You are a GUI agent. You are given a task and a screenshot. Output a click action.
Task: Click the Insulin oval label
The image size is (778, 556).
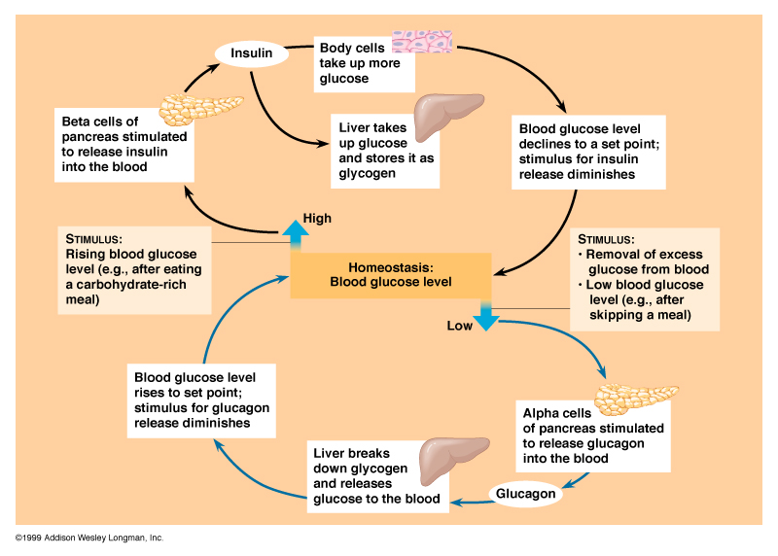coord(252,52)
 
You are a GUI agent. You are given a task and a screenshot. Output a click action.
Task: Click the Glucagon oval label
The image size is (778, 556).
coord(526,494)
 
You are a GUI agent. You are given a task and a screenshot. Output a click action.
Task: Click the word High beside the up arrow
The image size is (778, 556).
coord(317,218)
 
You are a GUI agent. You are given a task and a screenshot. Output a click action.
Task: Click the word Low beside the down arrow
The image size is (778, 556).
coord(459,326)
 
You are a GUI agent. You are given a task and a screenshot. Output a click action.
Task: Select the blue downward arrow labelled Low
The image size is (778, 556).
coord(484,316)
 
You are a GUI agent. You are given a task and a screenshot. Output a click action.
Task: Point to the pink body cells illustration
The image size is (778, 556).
coord(426,42)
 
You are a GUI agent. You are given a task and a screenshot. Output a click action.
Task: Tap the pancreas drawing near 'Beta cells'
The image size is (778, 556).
coord(201,107)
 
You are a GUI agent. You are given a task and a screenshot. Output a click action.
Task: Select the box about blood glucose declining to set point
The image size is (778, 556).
coord(587,151)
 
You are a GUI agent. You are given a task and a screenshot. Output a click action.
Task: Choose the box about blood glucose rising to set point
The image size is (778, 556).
coord(201,397)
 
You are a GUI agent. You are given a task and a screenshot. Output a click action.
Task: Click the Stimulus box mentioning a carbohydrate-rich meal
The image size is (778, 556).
coord(133,268)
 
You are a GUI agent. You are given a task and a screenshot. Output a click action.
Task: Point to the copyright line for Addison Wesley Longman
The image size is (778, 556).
coord(88,538)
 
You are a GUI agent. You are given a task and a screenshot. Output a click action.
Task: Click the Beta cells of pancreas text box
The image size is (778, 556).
coord(121,144)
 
